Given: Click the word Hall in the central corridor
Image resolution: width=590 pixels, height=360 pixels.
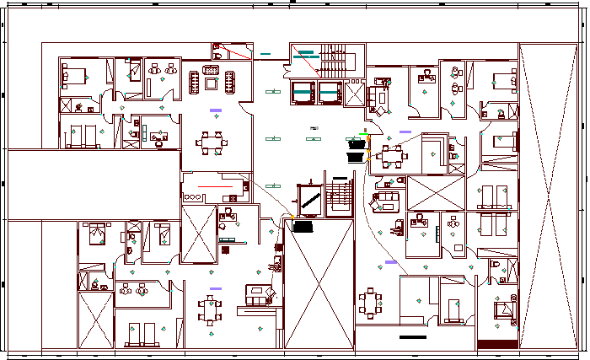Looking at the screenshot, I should click(x=314, y=128).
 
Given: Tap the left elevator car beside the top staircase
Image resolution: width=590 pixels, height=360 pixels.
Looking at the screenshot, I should click(x=302, y=91).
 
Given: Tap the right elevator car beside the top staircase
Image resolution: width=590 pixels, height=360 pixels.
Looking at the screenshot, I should click(x=328, y=91).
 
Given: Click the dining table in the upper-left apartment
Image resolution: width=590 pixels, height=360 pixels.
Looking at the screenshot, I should click(x=211, y=142).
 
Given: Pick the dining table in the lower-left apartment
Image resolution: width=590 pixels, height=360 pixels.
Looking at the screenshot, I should click(x=209, y=309).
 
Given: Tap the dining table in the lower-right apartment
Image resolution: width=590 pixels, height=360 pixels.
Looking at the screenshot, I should click(x=372, y=301).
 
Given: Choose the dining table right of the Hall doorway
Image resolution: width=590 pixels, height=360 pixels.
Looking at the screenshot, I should click(x=389, y=154).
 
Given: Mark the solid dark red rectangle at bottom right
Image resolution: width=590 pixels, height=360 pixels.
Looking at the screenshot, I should click(x=497, y=344).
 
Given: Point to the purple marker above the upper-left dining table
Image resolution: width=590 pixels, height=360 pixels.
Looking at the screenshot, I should click(x=217, y=110).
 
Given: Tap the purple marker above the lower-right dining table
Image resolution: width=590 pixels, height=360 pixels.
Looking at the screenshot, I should click(x=390, y=262).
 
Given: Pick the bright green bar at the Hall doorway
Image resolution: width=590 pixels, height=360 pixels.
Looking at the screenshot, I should click(x=363, y=133).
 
